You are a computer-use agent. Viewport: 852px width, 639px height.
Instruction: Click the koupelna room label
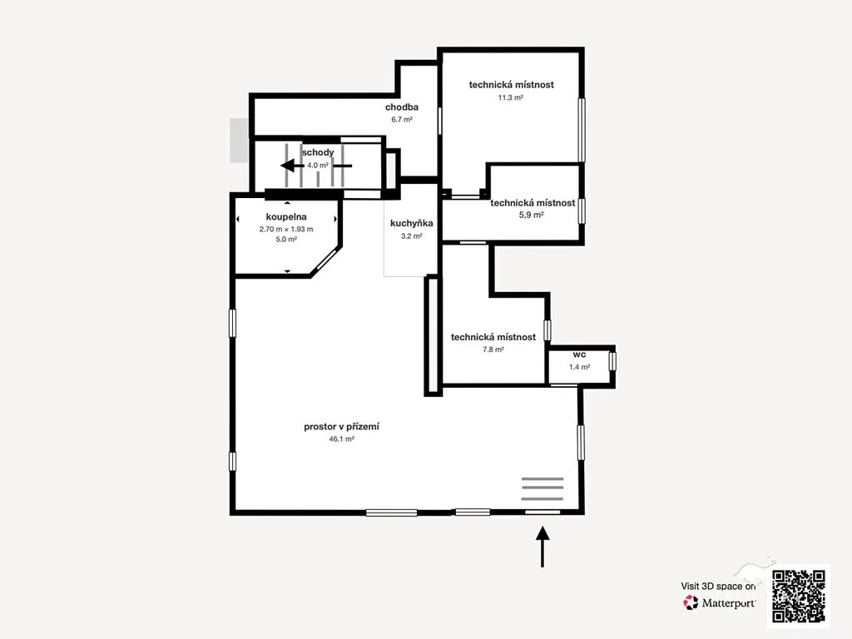point(286,217)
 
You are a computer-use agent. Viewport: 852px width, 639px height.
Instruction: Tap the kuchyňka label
point(411,223)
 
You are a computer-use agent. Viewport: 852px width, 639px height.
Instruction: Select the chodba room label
point(402,107)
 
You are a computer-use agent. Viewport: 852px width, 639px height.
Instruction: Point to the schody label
point(318,152)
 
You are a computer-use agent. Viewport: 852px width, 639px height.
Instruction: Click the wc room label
point(579,354)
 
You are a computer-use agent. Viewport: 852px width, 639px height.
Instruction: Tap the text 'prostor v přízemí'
point(341,427)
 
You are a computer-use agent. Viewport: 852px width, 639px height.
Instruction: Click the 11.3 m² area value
point(510,98)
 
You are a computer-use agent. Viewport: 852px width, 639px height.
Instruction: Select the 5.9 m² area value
point(532,215)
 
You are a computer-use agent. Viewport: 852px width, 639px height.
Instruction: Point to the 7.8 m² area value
point(493,349)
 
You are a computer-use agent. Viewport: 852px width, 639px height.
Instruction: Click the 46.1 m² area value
point(341,439)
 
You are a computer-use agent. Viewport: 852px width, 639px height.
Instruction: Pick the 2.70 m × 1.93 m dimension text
point(286,230)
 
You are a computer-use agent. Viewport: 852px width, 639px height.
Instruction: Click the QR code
point(798,596)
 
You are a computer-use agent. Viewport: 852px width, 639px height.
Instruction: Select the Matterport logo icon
point(691,602)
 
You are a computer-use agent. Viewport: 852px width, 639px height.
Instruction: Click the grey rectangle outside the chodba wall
point(239,140)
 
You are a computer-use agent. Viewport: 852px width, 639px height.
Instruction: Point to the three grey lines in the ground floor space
point(542,488)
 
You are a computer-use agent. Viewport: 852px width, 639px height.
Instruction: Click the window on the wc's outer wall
point(612,361)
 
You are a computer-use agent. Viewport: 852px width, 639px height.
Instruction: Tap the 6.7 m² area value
point(402,120)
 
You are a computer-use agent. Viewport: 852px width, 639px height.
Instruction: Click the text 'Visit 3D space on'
point(718,587)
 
